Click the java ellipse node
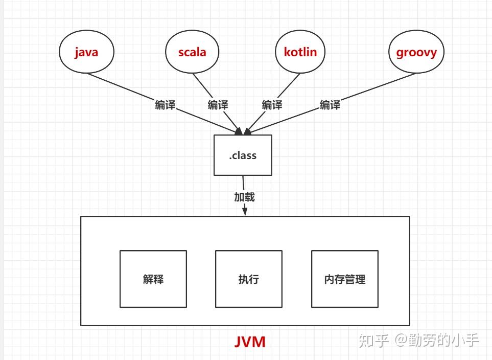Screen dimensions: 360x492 (86, 52)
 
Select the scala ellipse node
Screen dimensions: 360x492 (193, 52)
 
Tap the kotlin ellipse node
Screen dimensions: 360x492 (300, 52)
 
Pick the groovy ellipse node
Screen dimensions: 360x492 (417, 52)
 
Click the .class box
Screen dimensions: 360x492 (243, 155)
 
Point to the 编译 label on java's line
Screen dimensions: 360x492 (165, 105)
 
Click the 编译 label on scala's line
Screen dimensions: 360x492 (218, 105)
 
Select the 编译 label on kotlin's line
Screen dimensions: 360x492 (272, 105)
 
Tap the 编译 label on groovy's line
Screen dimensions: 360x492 (330, 105)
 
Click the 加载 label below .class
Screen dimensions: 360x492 (244, 197)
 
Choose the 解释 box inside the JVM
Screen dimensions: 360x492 (153, 279)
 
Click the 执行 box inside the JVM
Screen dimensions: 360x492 (249, 279)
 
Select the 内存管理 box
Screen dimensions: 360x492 (345, 279)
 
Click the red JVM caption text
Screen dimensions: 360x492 (250, 342)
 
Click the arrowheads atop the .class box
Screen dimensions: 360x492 (243, 131)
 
